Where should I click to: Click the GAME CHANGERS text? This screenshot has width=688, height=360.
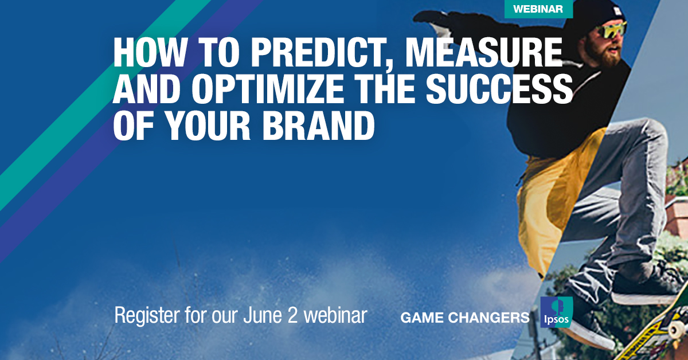(x=464, y=318)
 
